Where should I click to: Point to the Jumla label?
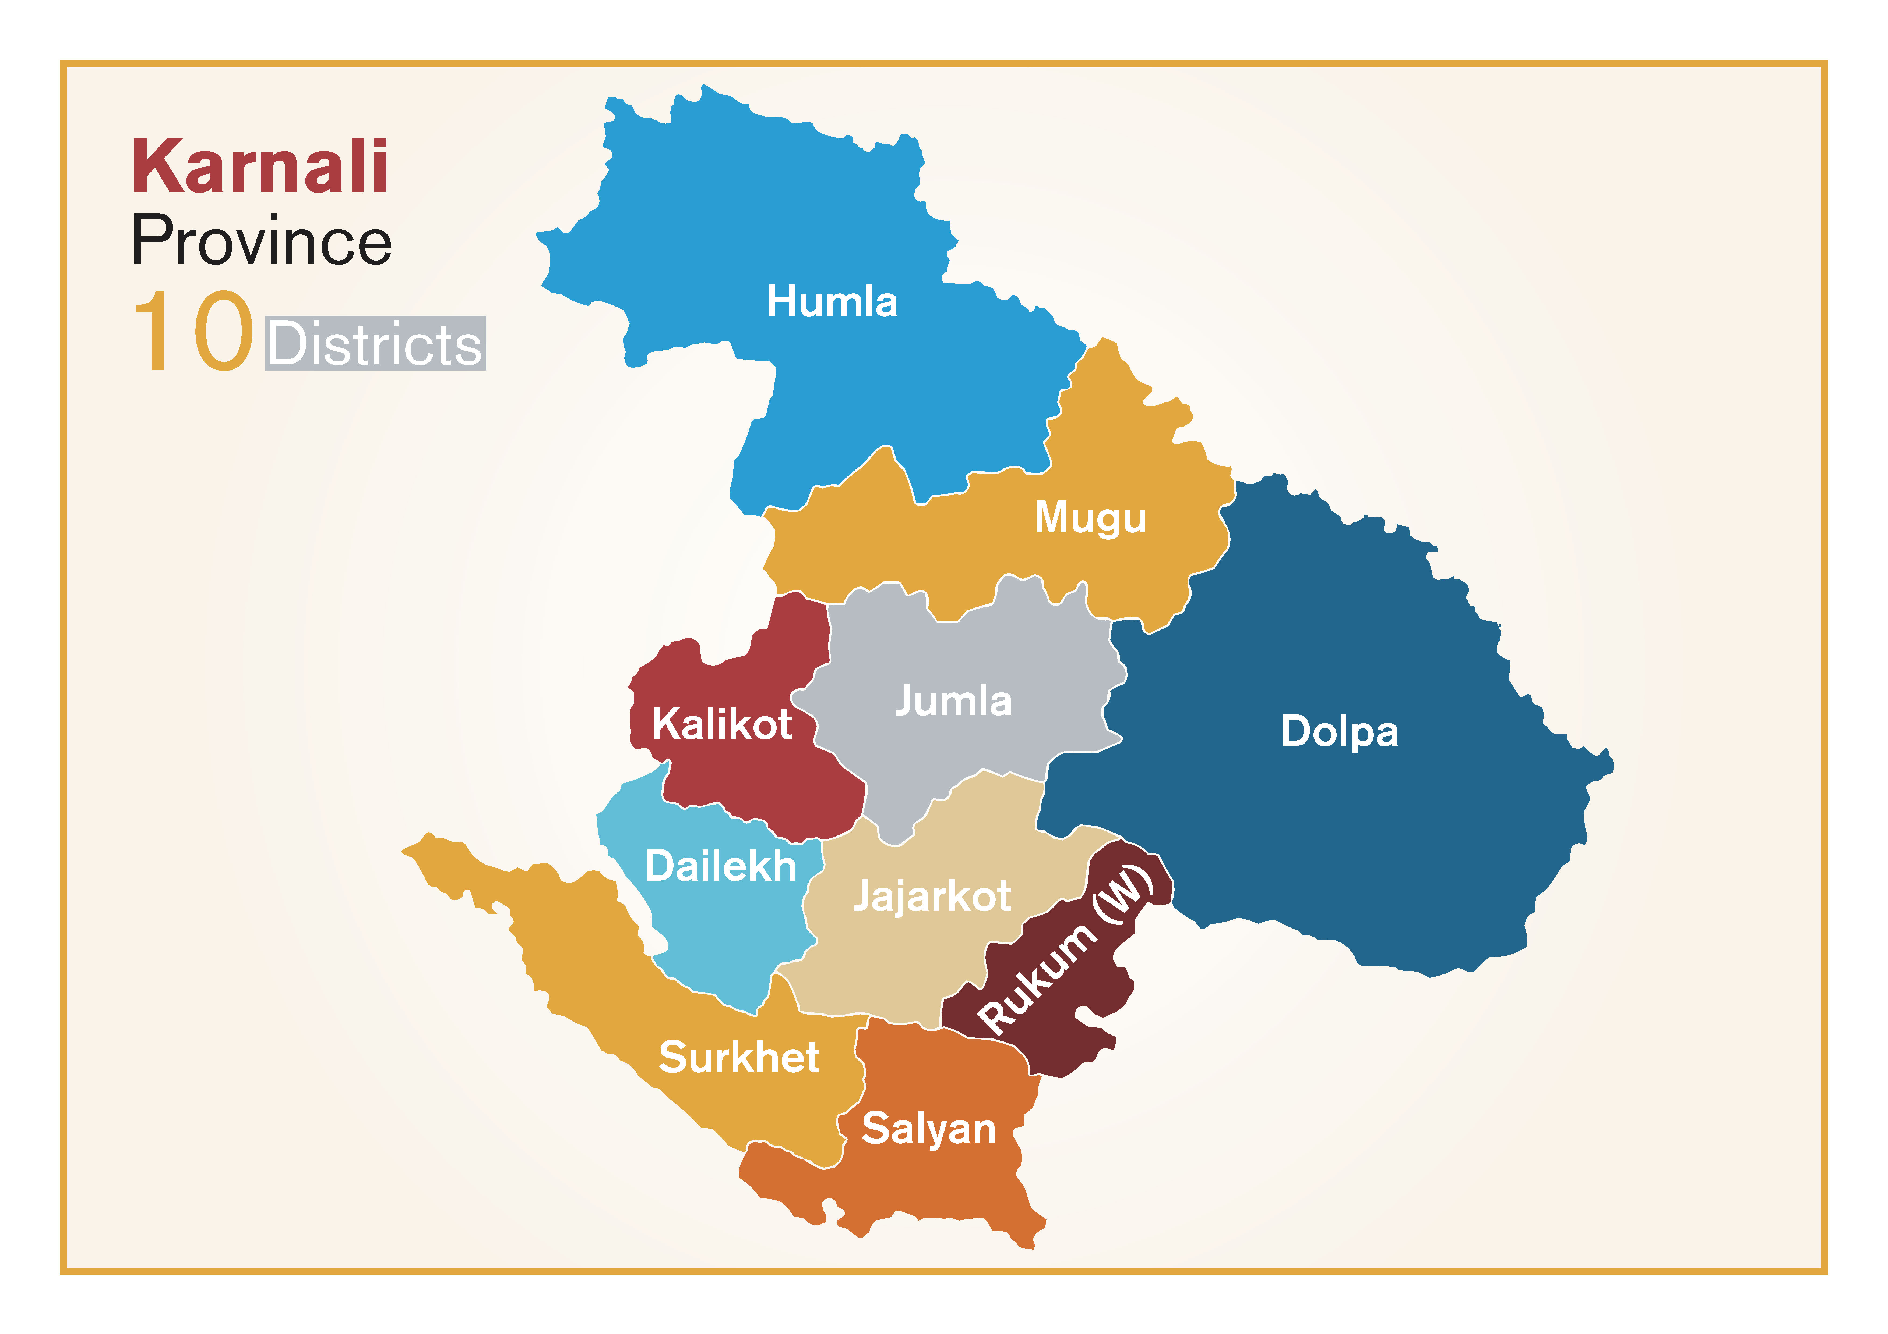point(953,701)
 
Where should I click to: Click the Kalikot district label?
point(722,724)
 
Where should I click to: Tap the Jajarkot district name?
point(932,896)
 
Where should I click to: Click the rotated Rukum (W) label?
point(1066,949)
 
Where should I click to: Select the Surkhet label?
point(738,1057)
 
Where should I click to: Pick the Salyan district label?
point(928,1129)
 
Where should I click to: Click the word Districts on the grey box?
point(375,344)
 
